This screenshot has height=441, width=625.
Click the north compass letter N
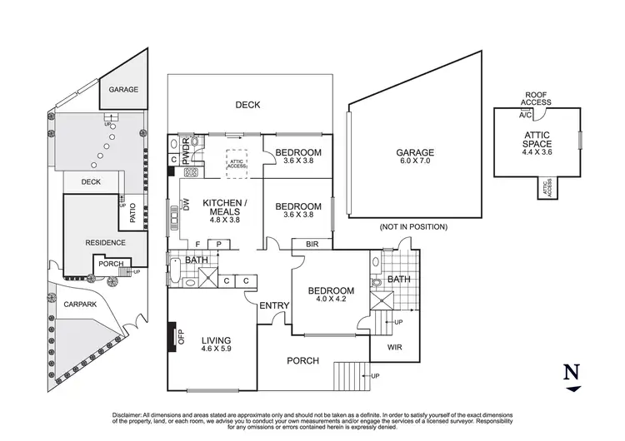coord(572,371)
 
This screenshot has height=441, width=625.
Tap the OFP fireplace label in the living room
coord(180,337)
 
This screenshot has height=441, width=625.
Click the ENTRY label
coord(274,306)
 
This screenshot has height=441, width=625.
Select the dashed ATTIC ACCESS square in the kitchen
coord(237,164)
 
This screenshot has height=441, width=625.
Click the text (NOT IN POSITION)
coord(412,226)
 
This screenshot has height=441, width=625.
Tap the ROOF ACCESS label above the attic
coord(536,99)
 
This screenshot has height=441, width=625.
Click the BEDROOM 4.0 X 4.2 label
coord(331,296)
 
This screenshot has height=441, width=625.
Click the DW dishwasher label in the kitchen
coord(186,205)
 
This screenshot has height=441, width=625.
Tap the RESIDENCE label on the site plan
coord(105,243)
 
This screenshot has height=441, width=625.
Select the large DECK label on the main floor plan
coord(247,105)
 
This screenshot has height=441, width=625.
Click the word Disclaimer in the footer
coord(130,414)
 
